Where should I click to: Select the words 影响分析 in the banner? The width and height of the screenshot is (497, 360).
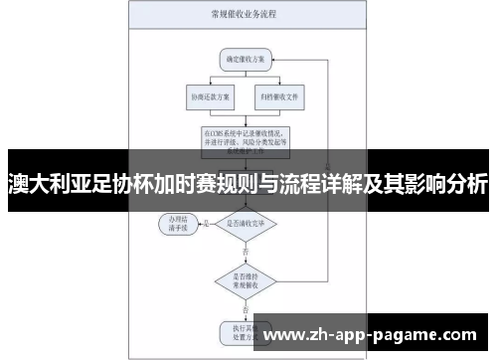pos(448,184)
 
